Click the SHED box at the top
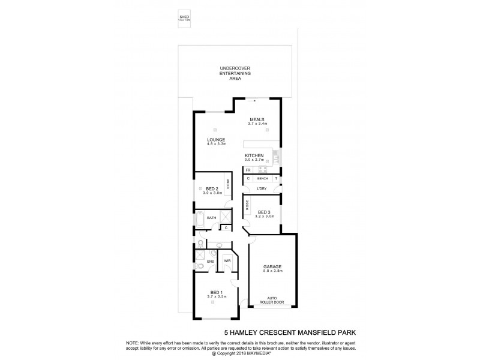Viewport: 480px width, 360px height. [184, 18]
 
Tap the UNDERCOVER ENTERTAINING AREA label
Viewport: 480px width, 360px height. [235, 73]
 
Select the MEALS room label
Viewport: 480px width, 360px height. [257, 121]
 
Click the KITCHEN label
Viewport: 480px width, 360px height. [254, 157]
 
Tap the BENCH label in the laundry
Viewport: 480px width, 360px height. [262, 179]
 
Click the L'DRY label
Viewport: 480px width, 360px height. [262, 190]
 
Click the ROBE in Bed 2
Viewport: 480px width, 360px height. [228, 184]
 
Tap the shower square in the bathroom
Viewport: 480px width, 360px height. [224, 217]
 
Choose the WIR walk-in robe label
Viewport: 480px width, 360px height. [228, 262]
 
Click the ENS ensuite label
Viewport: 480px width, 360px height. [211, 262]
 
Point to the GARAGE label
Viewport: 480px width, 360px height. [272, 268]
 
